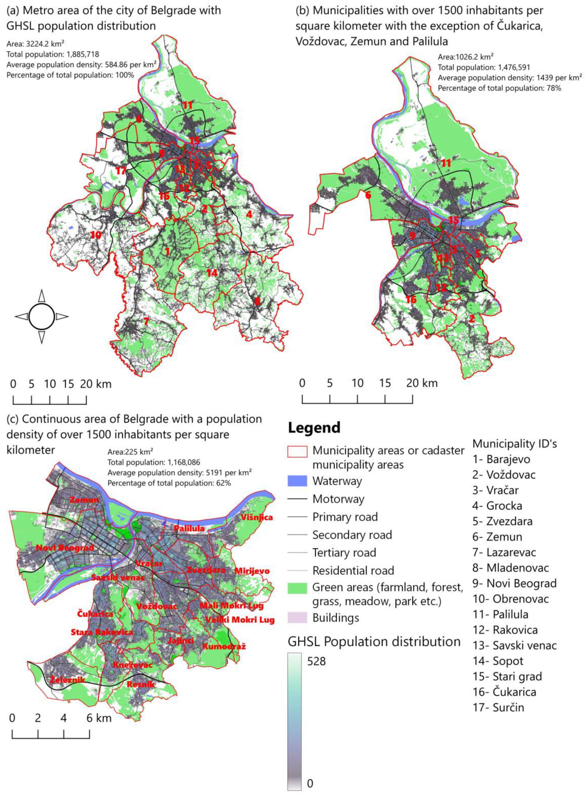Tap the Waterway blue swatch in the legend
[x=297, y=481]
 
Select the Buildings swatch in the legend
[x=297, y=618]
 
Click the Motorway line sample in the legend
[x=297, y=499]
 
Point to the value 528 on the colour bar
[x=316, y=661]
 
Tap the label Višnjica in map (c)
[x=257, y=517]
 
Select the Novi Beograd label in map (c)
[x=65, y=548]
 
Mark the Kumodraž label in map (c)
[x=224, y=646]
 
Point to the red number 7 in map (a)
[x=145, y=321]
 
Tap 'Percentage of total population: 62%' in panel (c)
[x=169, y=483]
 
